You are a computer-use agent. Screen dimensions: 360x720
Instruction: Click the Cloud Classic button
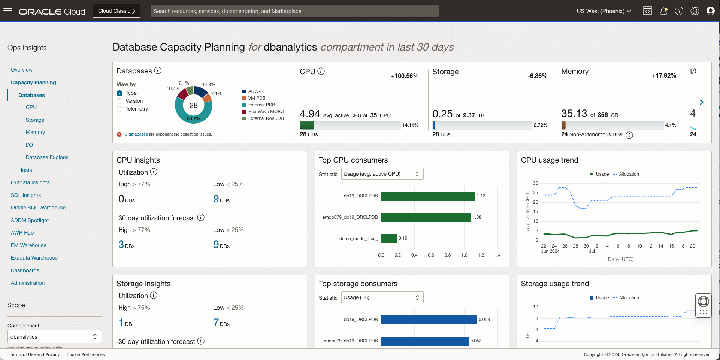tap(117, 11)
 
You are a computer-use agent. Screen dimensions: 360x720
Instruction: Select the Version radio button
tap(120, 101)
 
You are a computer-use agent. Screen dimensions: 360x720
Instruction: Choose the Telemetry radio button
tap(120, 109)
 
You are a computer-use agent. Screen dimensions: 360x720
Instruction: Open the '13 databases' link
tap(135, 134)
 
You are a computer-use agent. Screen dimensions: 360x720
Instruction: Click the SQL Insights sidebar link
tap(26, 195)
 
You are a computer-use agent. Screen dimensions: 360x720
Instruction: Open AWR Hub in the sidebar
tap(22, 233)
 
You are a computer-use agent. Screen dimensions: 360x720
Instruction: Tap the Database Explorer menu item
tap(47, 157)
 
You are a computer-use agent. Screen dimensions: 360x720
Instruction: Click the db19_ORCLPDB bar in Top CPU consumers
tap(428, 196)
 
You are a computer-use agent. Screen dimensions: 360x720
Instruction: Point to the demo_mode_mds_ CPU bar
tap(389, 239)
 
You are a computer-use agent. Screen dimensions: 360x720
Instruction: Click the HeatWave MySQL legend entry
tap(266, 112)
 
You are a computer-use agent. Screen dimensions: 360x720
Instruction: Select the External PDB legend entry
tap(261, 105)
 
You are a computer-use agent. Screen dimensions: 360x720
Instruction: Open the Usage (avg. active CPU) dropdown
tap(382, 174)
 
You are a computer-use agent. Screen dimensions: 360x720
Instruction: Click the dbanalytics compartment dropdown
tap(54, 337)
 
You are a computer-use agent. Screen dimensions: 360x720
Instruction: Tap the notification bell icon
tap(663, 11)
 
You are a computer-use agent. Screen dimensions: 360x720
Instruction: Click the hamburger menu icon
tap(8, 11)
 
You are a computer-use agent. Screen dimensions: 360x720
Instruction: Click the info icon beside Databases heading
tap(158, 70)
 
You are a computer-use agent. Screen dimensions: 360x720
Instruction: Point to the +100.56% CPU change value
tap(405, 76)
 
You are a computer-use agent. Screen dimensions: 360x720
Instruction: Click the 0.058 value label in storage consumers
tap(484, 320)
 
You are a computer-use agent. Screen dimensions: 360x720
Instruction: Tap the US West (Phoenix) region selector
tap(604, 11)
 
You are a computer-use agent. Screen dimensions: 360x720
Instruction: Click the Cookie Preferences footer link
tap(85, 354)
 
